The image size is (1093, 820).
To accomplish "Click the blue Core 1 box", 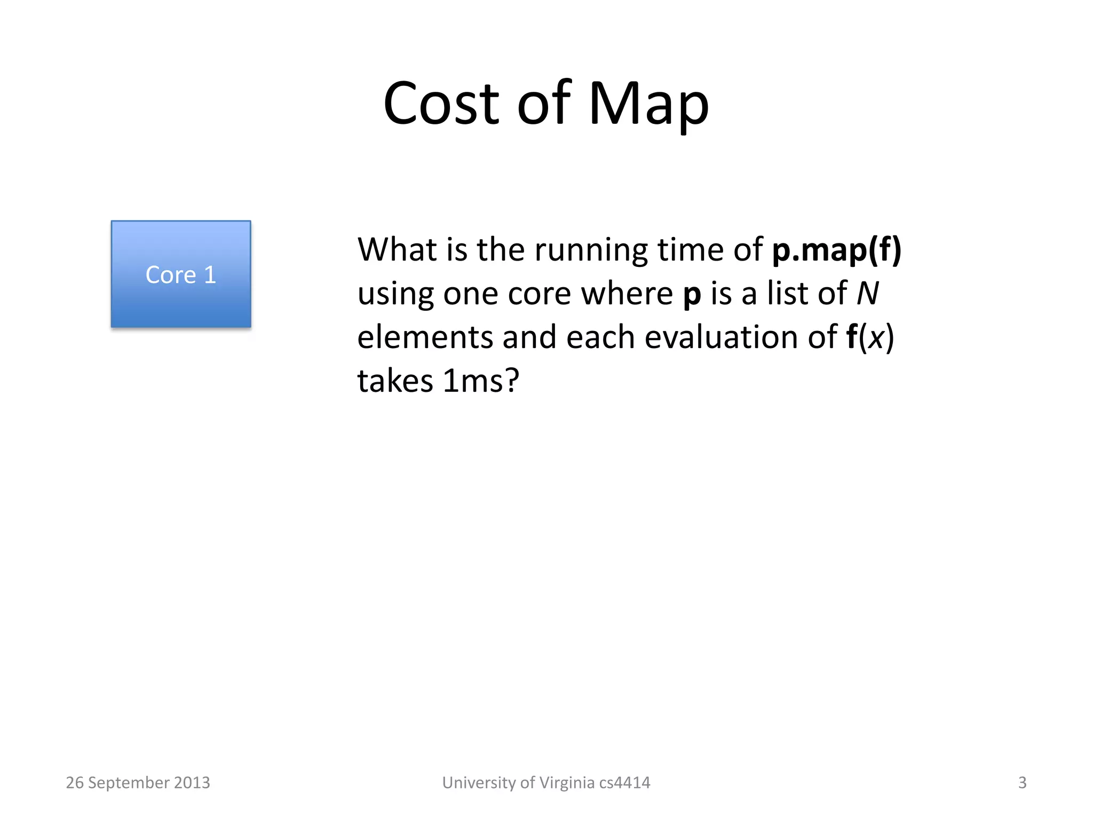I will click(x=180, y=274).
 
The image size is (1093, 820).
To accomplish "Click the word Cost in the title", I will click(x=441, y=104).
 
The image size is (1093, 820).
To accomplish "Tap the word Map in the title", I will click(x=648, y=104).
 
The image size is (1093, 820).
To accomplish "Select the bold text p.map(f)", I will click(x=836, y=250).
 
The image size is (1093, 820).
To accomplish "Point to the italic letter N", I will click(x=867, y=294).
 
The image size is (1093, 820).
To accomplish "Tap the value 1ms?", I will click(x=481, y=381).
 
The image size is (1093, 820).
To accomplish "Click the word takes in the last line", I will click(x=395, y=381).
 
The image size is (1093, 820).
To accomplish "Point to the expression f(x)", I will click(x=870, y=337).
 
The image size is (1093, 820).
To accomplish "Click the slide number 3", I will click(x=1022, y=783).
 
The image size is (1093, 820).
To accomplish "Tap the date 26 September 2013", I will click(x=138, y=783).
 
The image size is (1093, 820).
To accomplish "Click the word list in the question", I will click(x=786, y=294).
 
